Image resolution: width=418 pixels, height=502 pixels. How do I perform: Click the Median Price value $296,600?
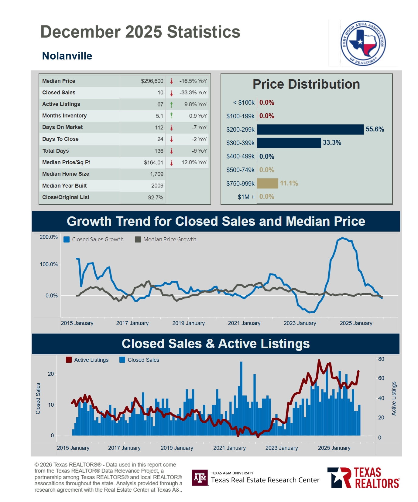pos(152,81)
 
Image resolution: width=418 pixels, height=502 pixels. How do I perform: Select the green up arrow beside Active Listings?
pos(172,104)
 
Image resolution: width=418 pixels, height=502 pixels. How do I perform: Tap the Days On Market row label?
pos(62,127)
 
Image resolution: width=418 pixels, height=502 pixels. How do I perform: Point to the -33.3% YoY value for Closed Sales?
pos(193,93)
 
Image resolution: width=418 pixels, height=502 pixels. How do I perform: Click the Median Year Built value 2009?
pos(157,186)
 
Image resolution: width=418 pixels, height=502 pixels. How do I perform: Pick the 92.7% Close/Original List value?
pos(156,198)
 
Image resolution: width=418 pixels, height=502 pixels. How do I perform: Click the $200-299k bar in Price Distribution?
pos(310,130)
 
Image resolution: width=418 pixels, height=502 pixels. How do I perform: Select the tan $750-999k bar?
pos(267,183)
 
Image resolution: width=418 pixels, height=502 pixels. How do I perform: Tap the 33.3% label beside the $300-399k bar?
pos(332,143)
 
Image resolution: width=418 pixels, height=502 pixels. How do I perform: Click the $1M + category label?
pos(246,197)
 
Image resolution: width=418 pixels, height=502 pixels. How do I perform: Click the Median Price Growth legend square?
pos(138,239)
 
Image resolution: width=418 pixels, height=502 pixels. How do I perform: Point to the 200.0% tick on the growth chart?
pos(49,237)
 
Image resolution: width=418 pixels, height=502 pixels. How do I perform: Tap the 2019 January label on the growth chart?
pos(188,323)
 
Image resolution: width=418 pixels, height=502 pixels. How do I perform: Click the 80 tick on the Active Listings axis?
pos(381,359)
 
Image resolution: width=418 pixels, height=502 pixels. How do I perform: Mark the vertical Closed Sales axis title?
pos(38,399)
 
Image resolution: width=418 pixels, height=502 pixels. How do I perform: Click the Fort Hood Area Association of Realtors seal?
pos(363,43)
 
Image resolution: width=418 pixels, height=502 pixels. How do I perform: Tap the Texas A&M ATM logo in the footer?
pos(200,478)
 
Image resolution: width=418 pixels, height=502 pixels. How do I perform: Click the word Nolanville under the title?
pos(67,56)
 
